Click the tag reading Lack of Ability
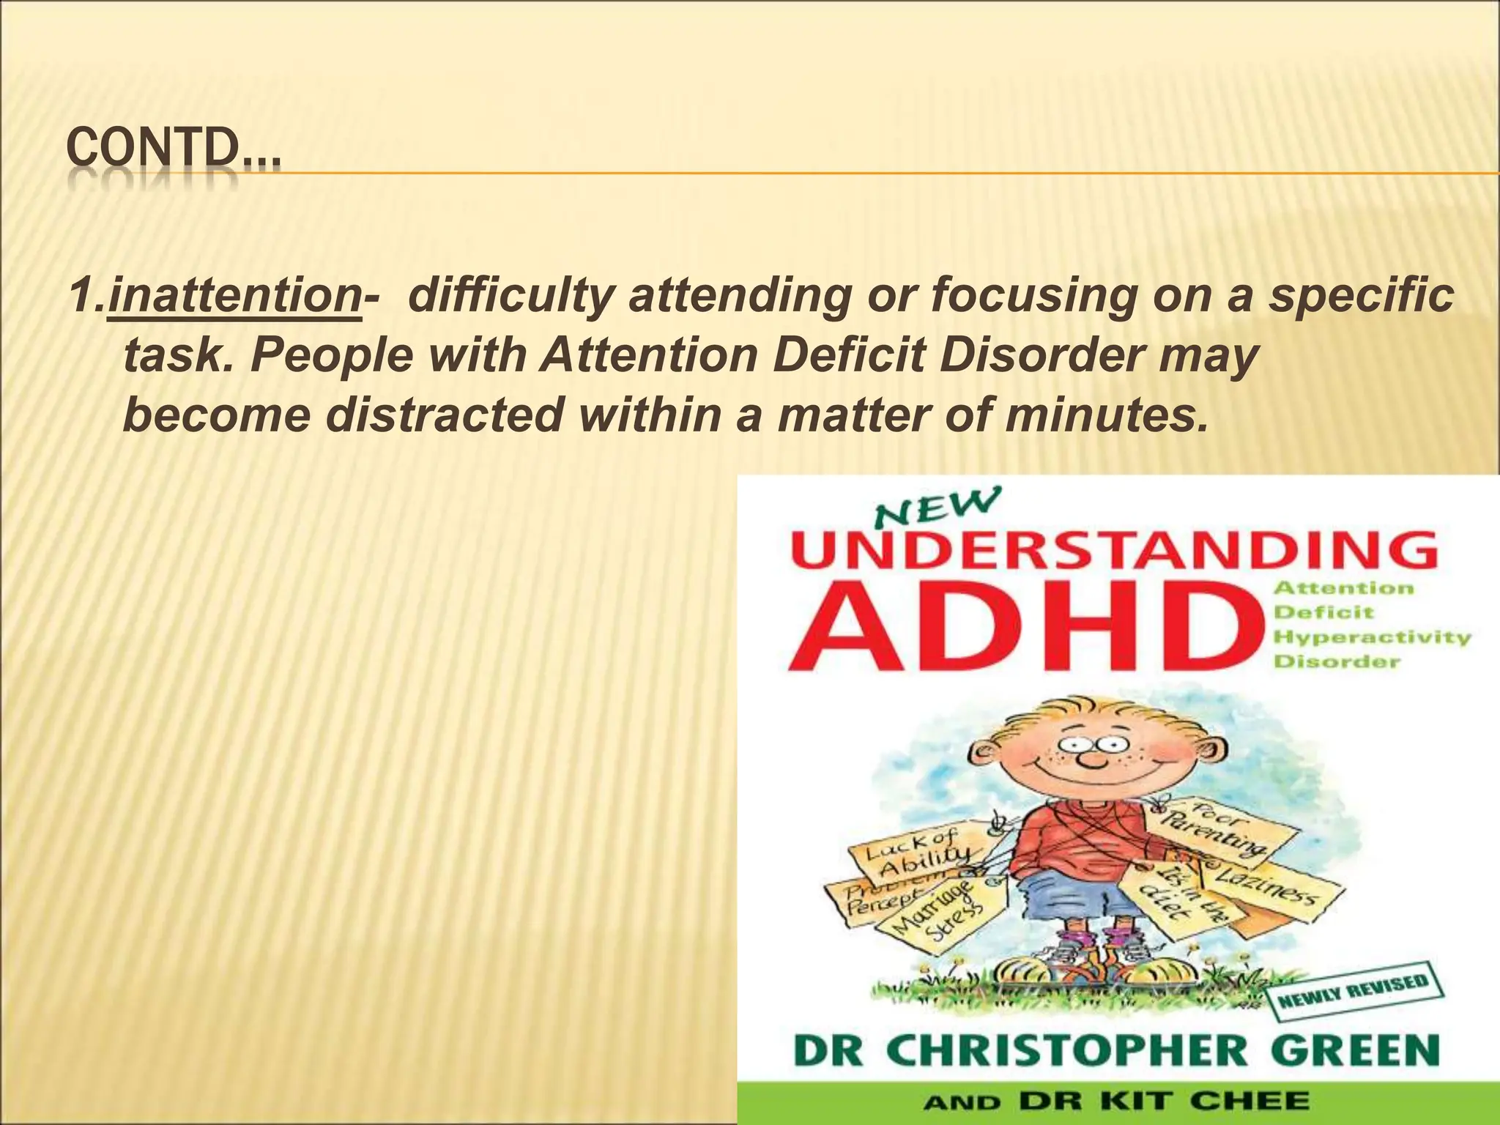916,857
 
